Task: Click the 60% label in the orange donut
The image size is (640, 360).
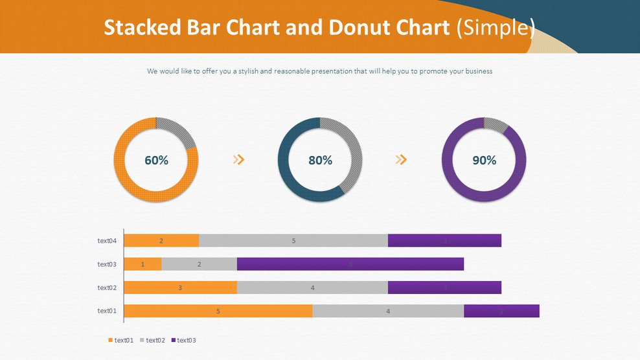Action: point(156,160)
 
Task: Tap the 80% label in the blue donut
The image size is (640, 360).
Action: point(320,160)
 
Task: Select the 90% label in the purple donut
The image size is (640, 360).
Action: point(484,160)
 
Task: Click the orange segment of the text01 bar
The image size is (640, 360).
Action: point(218,311)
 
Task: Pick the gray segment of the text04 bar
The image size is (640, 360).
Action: point(293,241)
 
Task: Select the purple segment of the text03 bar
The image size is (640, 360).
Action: point(350,264)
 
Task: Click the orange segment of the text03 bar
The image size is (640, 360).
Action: point(143,264)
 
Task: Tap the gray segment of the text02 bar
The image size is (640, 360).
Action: point(312,287)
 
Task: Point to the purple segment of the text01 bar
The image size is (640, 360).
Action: point(501,311)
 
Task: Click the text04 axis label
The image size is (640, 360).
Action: point(107,241)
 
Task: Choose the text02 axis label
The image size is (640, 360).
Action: point(107,287)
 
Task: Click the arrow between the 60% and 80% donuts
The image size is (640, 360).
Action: point(238,160)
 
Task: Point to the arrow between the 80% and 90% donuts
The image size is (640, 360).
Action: point(402,160)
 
